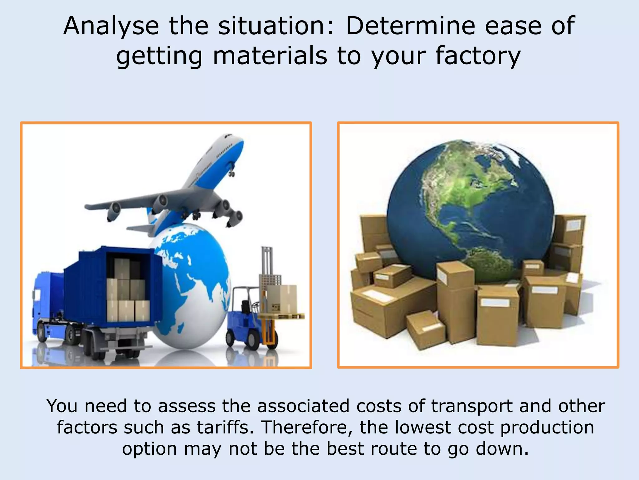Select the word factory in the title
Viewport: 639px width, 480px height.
pyautogui.click(x=478, y=56)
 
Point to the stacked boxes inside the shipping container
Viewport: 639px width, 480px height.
pyautogui.click(x=128, y=291)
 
